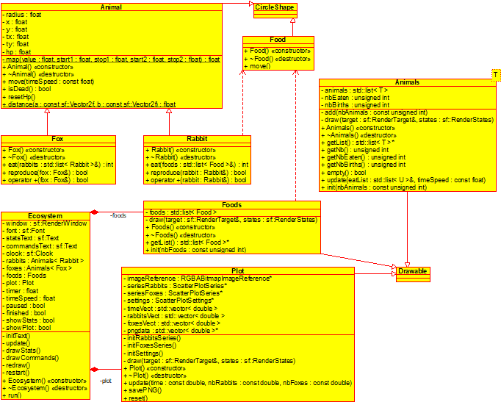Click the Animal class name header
pos(110,7)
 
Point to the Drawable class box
pos(413,272)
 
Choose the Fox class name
pos(58,139)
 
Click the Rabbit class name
pos(197,139)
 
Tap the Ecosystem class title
pos(45,215)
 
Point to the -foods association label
pos(118,216)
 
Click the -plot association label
pos(107,380)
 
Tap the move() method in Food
pos(258,66)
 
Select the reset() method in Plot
pos(139,398)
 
